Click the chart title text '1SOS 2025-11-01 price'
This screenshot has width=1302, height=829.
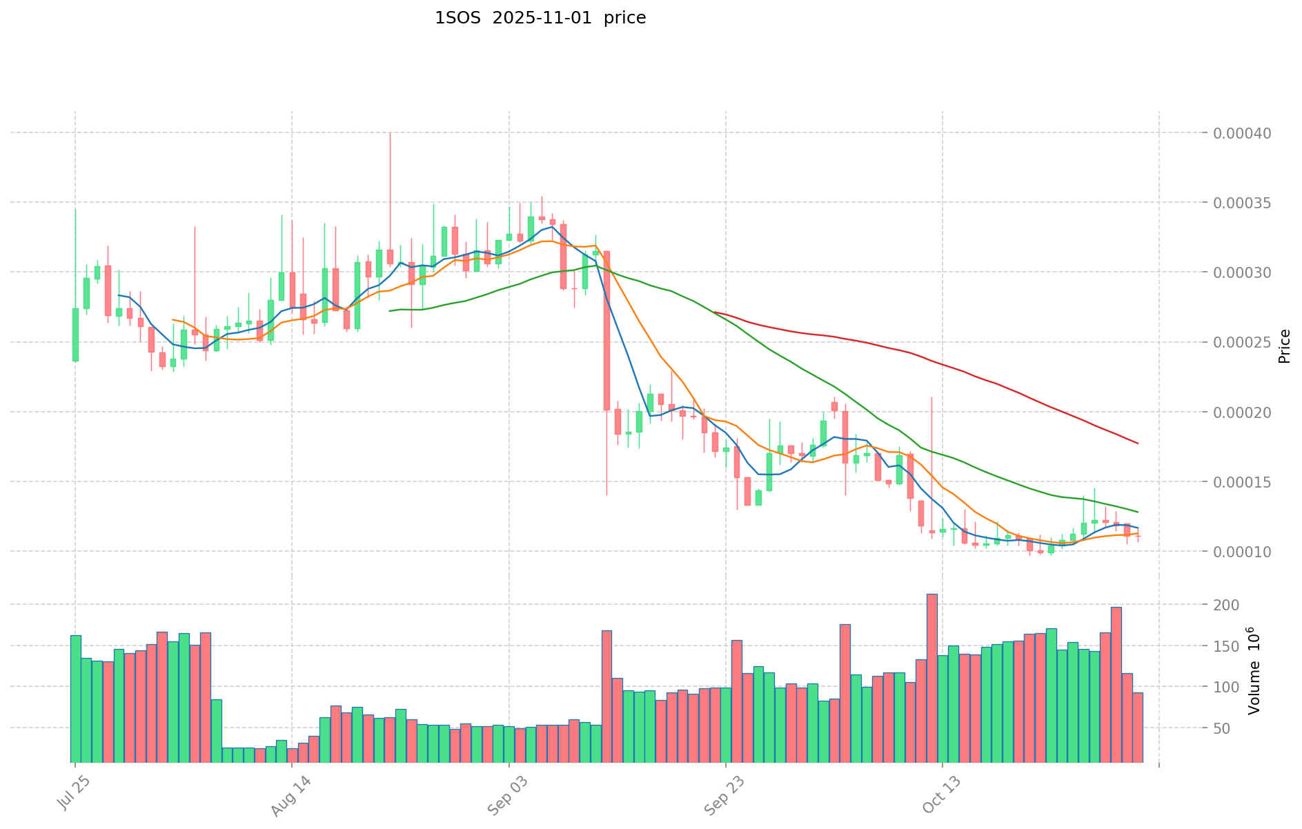point(540,19)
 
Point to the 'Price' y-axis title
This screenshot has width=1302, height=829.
point(1284,346)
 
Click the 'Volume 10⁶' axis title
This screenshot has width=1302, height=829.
point(1254,670)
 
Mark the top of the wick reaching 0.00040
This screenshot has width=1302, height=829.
point(390,133)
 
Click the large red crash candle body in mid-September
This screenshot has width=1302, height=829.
point(606,331)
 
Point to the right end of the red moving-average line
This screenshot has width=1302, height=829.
point(1137,443)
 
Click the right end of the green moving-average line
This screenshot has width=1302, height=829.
point(1137,512)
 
